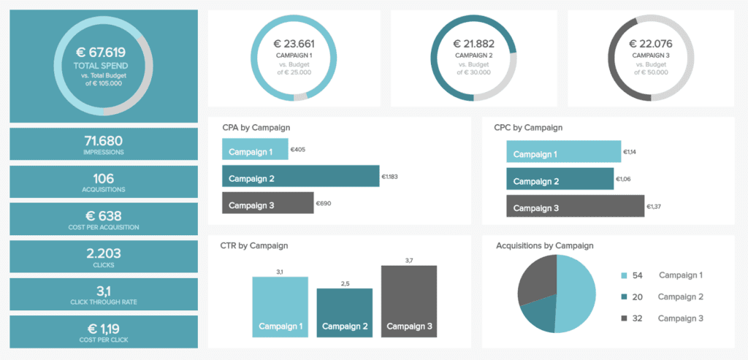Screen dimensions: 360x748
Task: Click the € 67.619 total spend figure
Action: coord(101,53)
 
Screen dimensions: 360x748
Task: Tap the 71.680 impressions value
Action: coord(103,140)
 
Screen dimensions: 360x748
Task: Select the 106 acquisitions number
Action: coord(103,178)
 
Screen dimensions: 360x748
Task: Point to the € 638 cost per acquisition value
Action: coord(103,215)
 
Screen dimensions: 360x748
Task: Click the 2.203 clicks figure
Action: coord(103,253)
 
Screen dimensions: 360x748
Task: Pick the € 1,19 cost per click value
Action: coord(103,329)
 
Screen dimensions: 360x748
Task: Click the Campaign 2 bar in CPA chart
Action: coord(300,177)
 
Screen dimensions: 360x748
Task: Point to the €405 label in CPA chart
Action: coord(298,150)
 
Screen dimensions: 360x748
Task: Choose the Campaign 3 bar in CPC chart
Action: coord(576,207)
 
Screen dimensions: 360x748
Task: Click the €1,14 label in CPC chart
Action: coord(630,153)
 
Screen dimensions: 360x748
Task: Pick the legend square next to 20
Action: coord(623,296)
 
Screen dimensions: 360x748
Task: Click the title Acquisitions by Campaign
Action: coord(544,246)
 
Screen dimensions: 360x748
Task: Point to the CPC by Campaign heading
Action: coord(528,128)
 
